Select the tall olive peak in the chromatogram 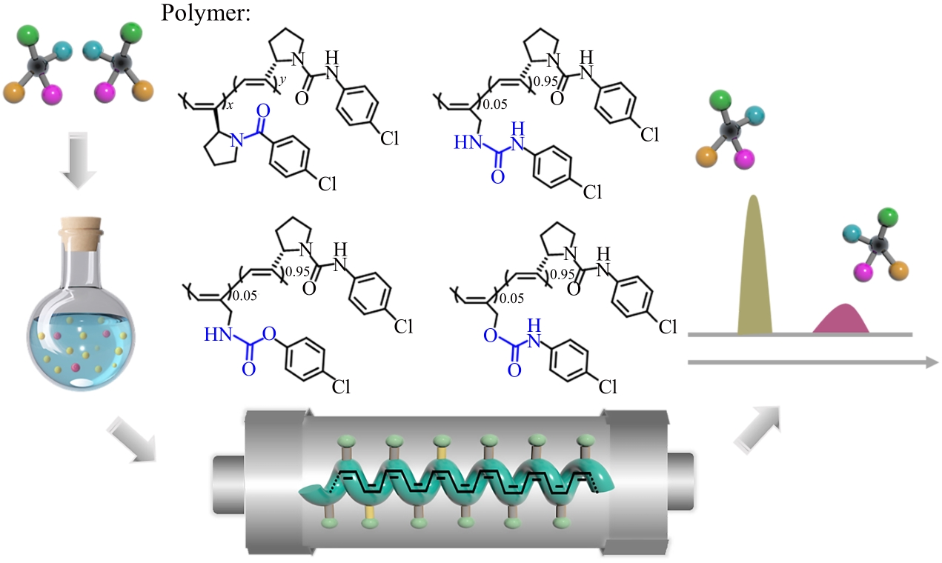tap(754, 267)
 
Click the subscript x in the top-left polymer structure tap(230, 107)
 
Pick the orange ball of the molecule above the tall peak tap(705, 156)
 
